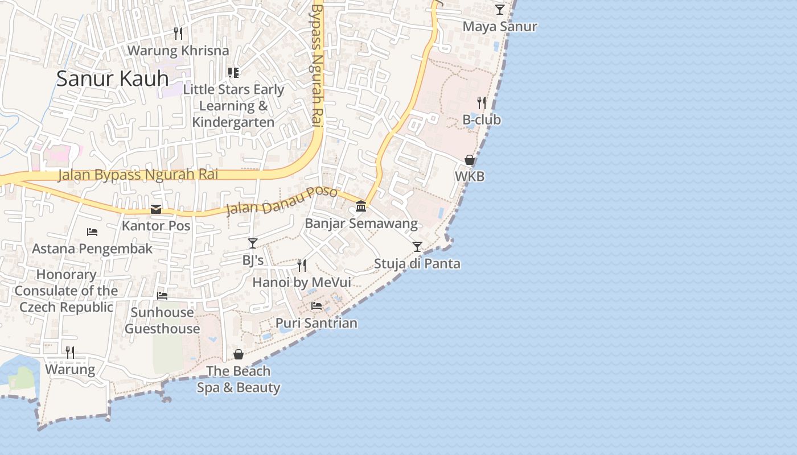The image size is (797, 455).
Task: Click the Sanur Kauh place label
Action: tap(112, 78)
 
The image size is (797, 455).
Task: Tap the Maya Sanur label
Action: tap(500, 27)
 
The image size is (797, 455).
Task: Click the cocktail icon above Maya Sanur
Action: tap(500, 10)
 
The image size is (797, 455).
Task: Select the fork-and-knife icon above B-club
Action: tap(482, 103)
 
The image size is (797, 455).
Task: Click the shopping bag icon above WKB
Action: tap(470, 160)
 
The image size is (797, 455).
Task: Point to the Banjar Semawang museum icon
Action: tap(361, 206)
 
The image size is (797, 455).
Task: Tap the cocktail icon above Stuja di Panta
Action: tap(417, 247)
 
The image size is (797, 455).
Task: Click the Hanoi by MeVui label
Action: tap(302, 283)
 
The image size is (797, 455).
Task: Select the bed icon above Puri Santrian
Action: tap(317, 306)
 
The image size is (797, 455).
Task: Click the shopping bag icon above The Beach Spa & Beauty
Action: tap(239, 354)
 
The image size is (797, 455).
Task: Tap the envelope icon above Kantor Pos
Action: tap(156, 209)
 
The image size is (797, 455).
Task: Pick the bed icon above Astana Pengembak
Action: tap(92, 231)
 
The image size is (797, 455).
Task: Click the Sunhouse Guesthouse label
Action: tap(162, 320)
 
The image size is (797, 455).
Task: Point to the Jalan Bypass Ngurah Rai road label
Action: tap(138, 175)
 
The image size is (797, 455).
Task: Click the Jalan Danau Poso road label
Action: tap(282, 201)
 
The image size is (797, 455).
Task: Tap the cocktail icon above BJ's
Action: tap(253, 243)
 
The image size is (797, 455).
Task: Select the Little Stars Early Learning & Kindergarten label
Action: tap(233, 106)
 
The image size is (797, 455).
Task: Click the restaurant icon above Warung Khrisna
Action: tap(178, 34)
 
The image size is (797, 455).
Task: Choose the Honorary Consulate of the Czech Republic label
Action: tap(67, 291)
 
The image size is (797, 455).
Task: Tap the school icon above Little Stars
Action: tap(233, 73)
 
